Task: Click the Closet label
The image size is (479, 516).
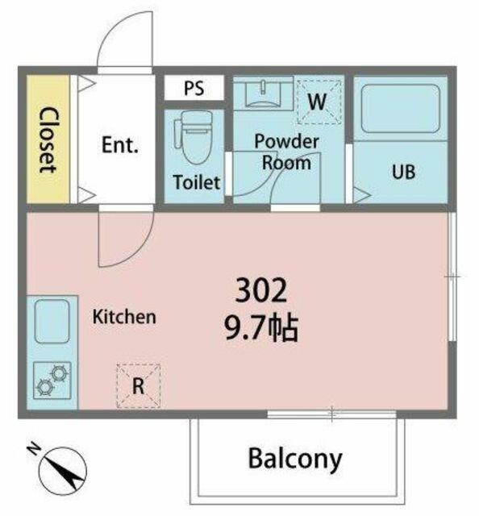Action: click(x=48, y=139)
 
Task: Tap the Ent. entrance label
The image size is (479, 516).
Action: click(x=119, y=145)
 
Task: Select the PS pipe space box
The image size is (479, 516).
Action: click(x=194, y=88)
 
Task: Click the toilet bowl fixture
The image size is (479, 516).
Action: click(x=194, y=137)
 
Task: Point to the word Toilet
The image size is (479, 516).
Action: click(x=197, y=182)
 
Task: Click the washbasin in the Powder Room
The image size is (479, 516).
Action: click(x=263, y=93)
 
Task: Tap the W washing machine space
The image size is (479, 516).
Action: click(x=319, y=102)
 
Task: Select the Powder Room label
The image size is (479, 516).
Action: click(x=286, y=152)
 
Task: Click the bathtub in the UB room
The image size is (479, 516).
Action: click(x=401, y=109)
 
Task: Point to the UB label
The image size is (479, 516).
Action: click(x=404, y=172)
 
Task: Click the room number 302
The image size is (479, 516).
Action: click(x=261, y=290)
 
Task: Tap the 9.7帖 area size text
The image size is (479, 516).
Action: click(x=261, y=328)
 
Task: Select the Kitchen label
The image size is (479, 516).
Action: click(x=124, y=317)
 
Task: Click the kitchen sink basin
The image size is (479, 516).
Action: click(x=52, y=321)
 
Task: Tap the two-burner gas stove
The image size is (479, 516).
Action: click(x=52, y=381)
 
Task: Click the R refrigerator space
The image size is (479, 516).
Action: click(x=139, y=386)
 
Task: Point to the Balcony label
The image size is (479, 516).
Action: click(x=295, y=459)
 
